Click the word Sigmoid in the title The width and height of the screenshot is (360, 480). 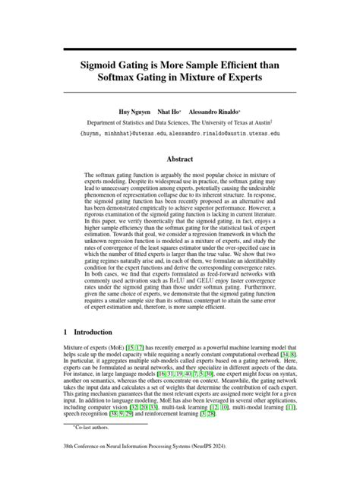pyautogui.click(x=108, y=66)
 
